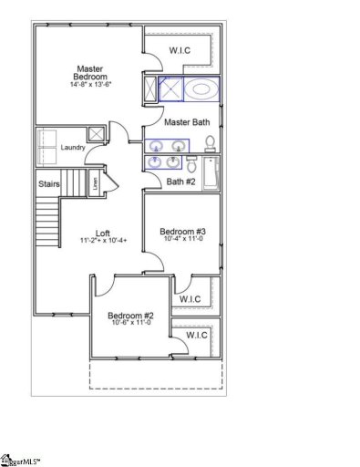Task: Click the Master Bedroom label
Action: pos(88,72)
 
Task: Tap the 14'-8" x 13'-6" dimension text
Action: pos(88,84)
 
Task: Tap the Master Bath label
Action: pos(187,121)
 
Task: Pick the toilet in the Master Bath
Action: pos(209,143)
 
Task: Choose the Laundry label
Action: pos(72,147)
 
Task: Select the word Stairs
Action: pos(49,184)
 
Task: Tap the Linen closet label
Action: pos(94,182)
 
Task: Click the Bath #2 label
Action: pos(180,182)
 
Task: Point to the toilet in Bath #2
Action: pos(192,163)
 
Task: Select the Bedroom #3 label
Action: pos(183,232)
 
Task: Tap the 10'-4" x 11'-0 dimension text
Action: pos(183,241)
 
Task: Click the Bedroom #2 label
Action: pos(129,315)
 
